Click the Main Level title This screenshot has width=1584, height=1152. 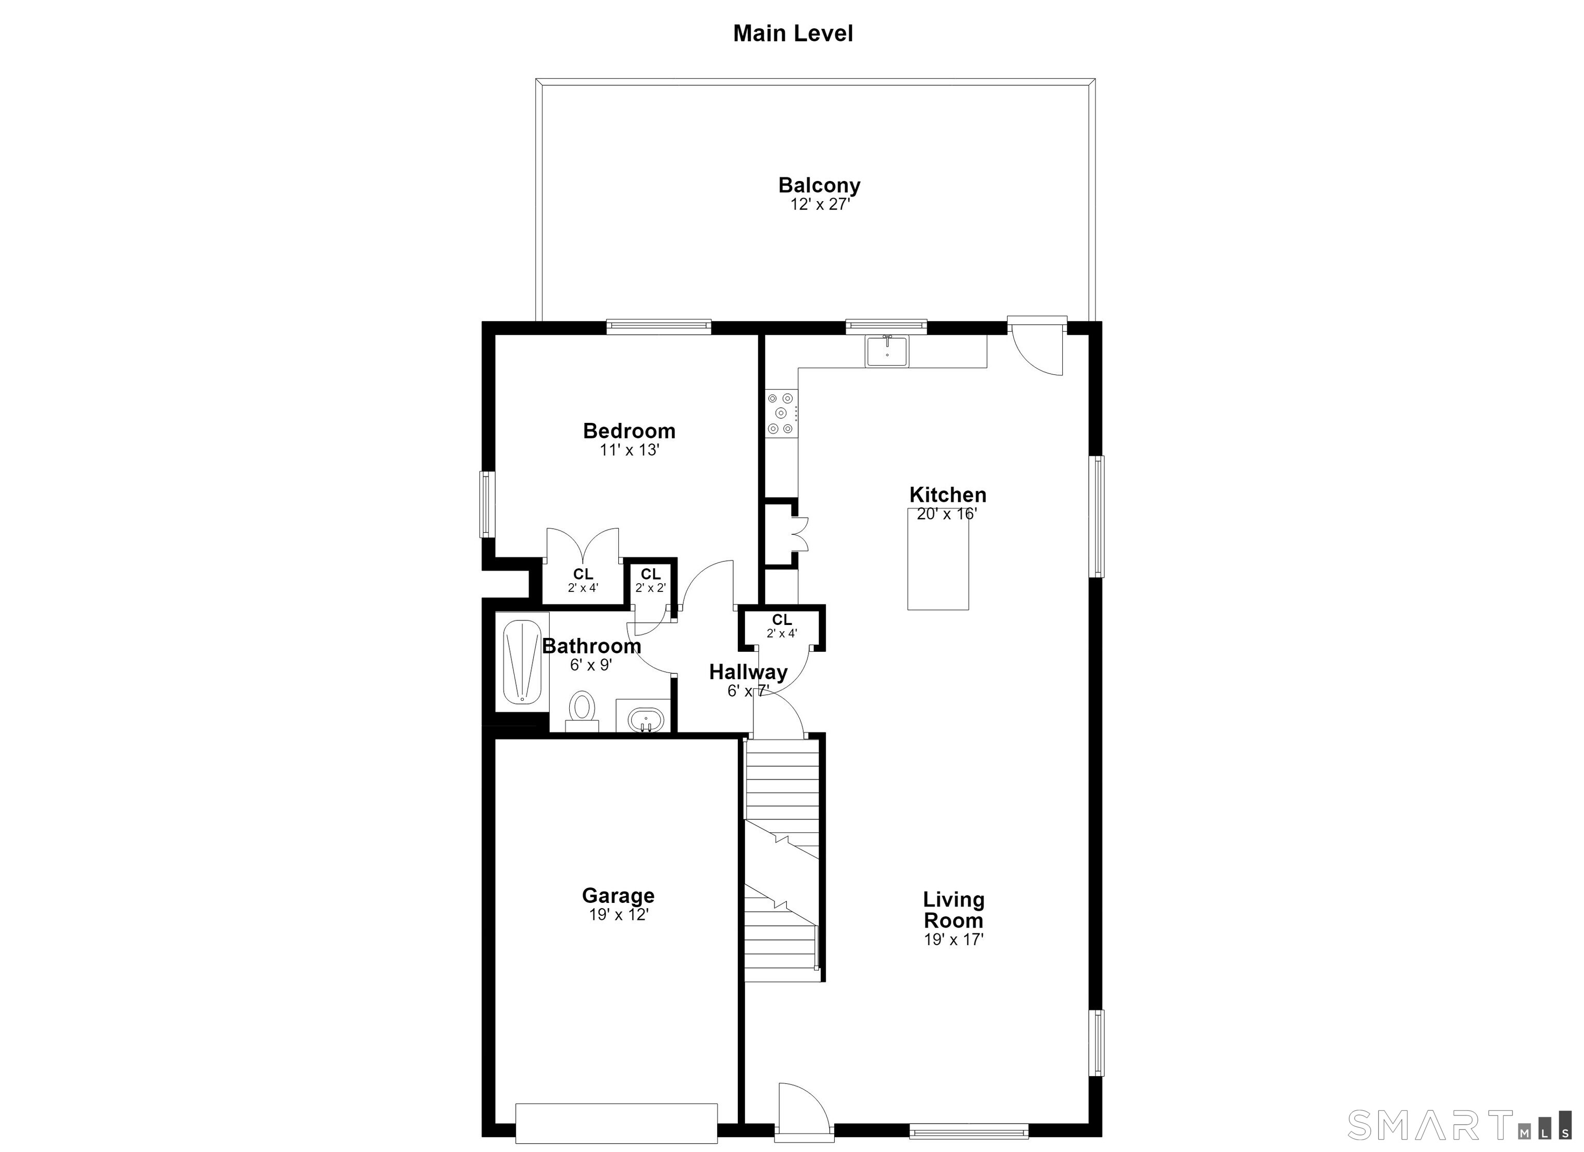coord(793,34)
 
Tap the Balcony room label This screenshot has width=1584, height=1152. coord(819,185)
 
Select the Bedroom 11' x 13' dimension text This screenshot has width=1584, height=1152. coord(629,450)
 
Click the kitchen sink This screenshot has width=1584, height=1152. coord(887,351)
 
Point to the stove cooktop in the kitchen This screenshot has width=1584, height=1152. coord(782,413)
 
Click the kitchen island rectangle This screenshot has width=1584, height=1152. coord(938,559)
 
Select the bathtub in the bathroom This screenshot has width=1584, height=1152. coord(522,662)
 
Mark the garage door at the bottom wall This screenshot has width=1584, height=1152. coord(617,1123)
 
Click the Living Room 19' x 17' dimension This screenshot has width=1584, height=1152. coord(953,940)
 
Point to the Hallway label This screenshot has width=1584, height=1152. coord(748,672)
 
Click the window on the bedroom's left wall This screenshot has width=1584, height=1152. coord(487,504)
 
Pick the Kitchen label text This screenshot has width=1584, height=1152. coord(948,495)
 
